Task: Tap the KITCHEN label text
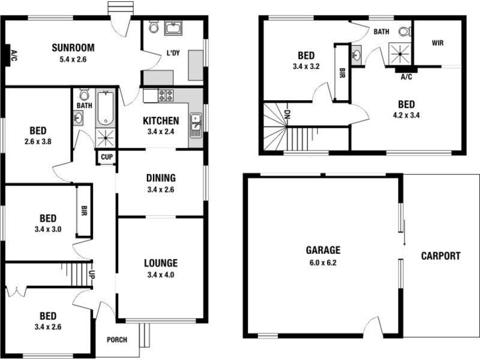tap(161, 121)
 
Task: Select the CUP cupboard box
tap(107, 157)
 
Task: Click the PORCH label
tap(117, 340)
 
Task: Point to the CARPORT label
tap(441, 256)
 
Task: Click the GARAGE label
tap(323, 250)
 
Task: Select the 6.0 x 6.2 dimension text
tap(323, 262)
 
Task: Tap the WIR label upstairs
tap(437, 43)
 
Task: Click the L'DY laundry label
tap(173, 53)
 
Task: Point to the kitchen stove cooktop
tap(166, 95)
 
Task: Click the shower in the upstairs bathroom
tap(398, 53)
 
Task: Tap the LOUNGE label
tap(160, 263)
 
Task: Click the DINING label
tap(160, 178)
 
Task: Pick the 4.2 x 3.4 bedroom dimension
tap(406, 115)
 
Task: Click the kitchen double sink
tap(195, 124)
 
